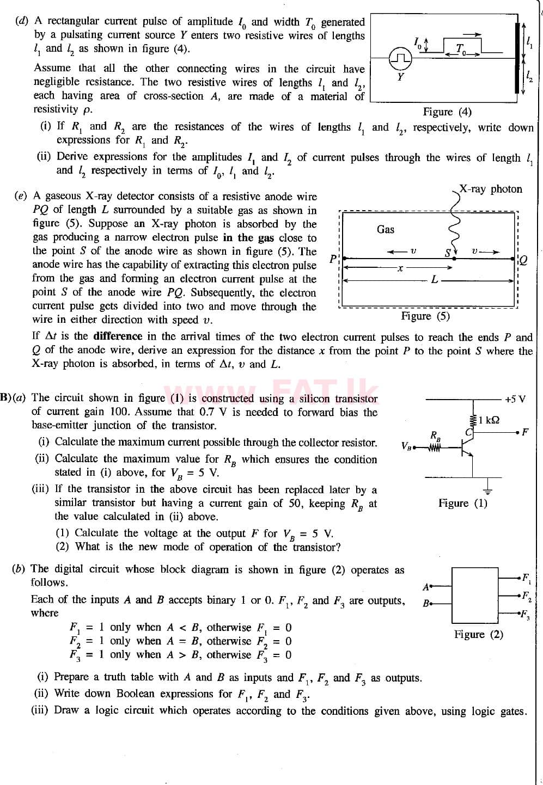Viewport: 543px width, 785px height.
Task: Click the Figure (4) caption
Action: (x=447, y=112)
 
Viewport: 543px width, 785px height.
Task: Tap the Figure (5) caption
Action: (x=425, y=316)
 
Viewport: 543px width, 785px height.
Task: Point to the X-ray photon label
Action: (x=491, y=189)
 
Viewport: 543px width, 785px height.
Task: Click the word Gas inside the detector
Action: (x=386, y=229)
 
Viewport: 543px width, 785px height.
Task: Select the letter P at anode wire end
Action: (x=333, y=259)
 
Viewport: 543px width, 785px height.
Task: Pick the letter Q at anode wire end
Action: (x=523, y=260)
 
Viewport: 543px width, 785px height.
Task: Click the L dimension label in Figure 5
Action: (x=434, y=280)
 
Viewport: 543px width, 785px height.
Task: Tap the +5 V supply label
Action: (x=515, y=399)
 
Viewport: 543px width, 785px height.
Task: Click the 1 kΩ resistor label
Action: (x=489, y=420)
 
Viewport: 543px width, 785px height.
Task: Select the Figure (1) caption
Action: (x=463, y=503)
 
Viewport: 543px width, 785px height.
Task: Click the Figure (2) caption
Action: (x=479, y=634)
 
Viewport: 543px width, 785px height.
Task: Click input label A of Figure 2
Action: (x=426, y=586)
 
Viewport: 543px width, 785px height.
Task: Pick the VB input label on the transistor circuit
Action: (x=406, y=446)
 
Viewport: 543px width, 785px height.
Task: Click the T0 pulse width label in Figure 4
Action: (x=461, y=48)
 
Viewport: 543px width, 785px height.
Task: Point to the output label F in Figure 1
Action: (x=524, y=432)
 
